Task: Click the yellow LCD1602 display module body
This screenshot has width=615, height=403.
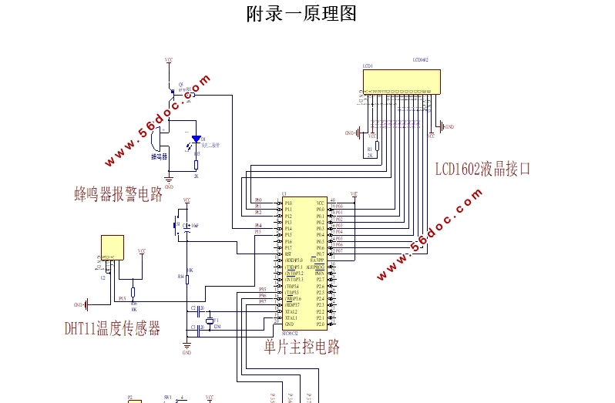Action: [402, 81]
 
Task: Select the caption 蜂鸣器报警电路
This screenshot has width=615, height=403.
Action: [118, 194]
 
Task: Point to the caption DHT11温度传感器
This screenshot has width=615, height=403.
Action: [113, 329]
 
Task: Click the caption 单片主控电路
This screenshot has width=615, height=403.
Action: [302, 347]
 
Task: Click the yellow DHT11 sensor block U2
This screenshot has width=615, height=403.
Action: [113, 248]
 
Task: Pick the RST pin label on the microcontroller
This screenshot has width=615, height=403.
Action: [287, 254]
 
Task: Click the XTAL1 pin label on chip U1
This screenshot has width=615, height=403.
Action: [291, 318]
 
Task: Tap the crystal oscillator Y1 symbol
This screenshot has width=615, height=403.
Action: [209, 321]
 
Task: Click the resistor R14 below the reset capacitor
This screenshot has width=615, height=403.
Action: [187, 275]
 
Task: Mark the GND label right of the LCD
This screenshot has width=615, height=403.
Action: [449, 126]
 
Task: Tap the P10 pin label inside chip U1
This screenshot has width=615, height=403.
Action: [288, 203]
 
